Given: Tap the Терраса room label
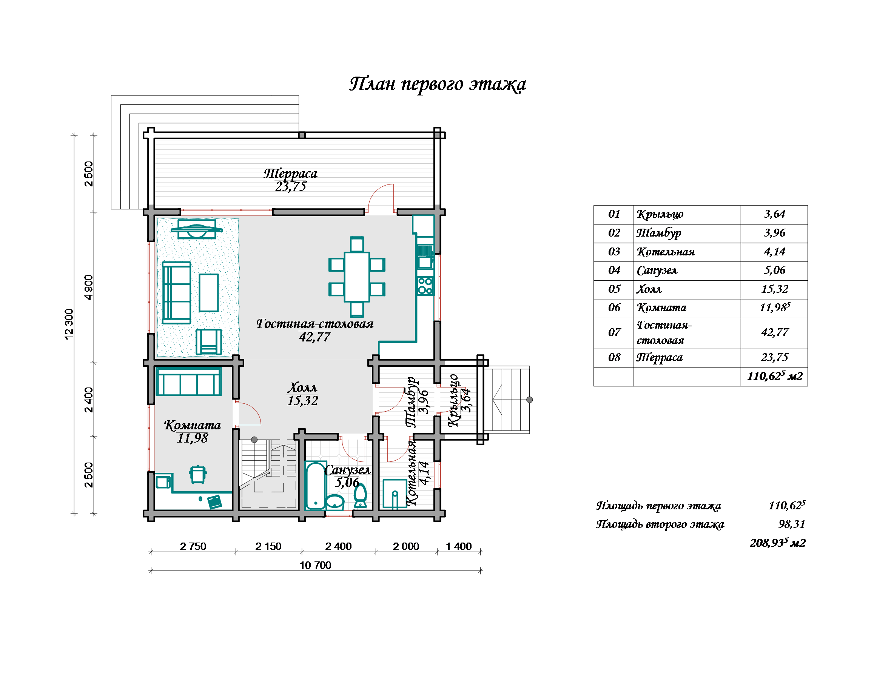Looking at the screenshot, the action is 291,174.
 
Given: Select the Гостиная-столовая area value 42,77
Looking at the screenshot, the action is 314,337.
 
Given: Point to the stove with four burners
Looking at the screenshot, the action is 425,286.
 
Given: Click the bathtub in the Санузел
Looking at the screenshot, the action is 315,486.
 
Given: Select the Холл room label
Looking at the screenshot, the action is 302,387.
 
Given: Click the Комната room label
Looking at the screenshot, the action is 193,425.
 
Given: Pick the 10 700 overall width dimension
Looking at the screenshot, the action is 315,565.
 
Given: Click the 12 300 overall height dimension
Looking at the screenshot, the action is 69,324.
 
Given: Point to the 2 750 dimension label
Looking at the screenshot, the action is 193,546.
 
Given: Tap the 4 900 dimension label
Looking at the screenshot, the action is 88,287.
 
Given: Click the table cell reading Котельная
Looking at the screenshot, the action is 687,252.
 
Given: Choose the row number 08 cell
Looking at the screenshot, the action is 613,358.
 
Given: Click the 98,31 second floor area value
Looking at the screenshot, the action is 792,524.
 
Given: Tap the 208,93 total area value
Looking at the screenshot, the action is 778,543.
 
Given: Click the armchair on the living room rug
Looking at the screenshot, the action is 208,341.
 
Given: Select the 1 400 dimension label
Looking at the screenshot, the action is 459,546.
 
